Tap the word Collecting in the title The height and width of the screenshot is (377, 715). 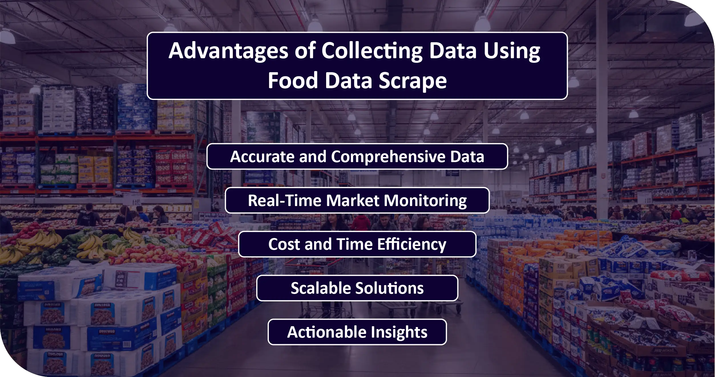pyautogui.click(x=372, y=51)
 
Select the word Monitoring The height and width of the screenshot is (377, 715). pyautogui.click(x=425, y=200)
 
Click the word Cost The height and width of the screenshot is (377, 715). pyautogui.click(x=284, y=244)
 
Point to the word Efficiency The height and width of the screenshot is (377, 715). pyautogui.click(x=412, y=244)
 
